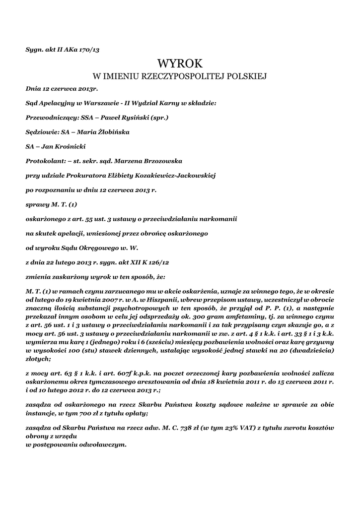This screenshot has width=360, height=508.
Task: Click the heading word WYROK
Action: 180,63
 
